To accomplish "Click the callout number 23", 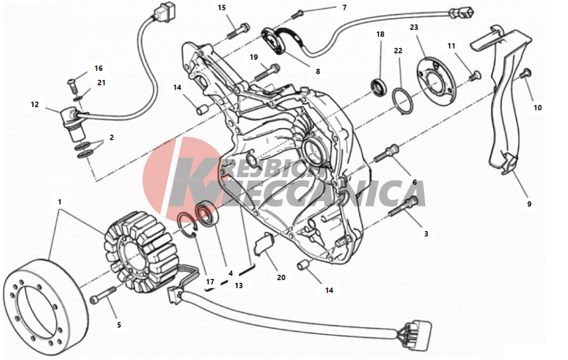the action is (414, 27).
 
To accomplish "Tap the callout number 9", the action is (529, 204).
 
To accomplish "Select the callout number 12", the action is (35, 104).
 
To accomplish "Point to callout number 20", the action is (281, 278).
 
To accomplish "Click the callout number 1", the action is (60, 202).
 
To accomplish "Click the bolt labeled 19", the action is (268, 72).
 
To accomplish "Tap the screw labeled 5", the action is (103, 295).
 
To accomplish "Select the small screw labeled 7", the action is (296, 14).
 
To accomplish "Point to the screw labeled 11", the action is (474, 76).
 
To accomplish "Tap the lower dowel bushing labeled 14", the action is (303, 265).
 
